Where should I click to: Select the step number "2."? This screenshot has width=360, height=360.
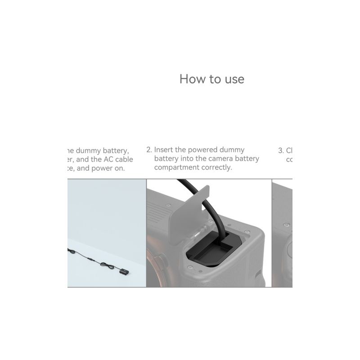click(x=149, y=150)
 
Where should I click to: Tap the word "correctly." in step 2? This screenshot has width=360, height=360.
click(x=217, y=168)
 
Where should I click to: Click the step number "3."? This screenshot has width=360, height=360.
click(x=281, y=150)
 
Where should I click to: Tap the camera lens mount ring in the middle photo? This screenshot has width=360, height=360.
click(x=155, y=270)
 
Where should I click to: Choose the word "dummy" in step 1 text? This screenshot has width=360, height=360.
click(x=85, y=150)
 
